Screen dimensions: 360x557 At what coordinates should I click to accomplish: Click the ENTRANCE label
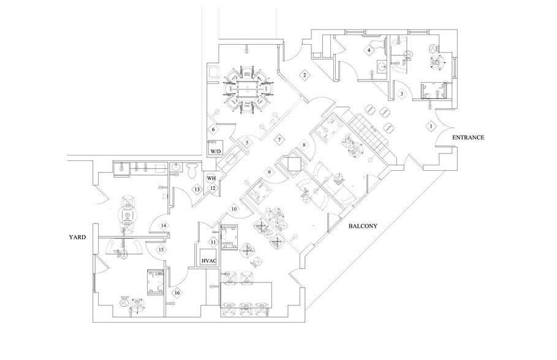pyautogui.click(x=468, y=138)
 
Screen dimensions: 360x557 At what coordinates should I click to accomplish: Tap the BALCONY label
pyautogui.click(x=362, y=226)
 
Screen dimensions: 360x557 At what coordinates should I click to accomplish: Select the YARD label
pyautogui.click(x=77, y=236)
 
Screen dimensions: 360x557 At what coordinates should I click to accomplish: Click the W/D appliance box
pyautogui.click(x=216, y=150)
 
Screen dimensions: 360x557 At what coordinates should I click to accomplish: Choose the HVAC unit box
pyautogui.click(x=209, y=261)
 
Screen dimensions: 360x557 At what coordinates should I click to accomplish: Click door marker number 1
pyautogui.click(x=430, y=126)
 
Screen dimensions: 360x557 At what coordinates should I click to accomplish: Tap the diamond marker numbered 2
pyautogui.click(x=303, y=75)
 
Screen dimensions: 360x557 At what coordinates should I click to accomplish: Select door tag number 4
pyautogui.click(x=369, y=50)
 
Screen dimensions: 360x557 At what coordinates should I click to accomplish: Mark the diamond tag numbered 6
pyautogui.click(x=213, y=130)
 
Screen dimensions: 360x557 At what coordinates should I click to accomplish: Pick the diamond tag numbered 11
pyautogui.click(x=213, y=242)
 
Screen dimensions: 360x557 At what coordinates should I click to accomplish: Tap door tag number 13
pyautogui.click(x=197, y=189)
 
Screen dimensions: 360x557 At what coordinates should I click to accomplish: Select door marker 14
pyautogui.click(x=164, y=226)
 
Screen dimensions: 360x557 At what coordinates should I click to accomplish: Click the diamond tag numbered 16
pyautogui.click(x=177, y=293)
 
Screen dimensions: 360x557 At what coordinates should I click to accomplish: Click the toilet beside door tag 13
pyautogui.click(x=191, y=168)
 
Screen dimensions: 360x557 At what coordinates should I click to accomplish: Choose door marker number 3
pyautogui.click(x=401, y=94)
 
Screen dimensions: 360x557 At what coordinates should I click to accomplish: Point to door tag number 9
pyautogui.click(x=268, y=172)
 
